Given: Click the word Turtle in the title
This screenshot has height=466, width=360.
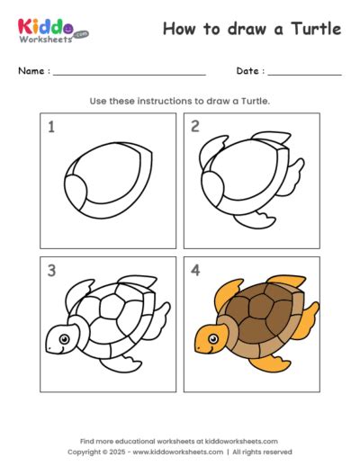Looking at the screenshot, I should click(318, 29).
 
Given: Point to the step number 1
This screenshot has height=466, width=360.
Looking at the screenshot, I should click(51, 127).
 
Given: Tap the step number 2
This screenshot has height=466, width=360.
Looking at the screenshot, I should click(194, 127).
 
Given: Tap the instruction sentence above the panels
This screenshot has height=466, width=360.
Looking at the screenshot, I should click(179, 101).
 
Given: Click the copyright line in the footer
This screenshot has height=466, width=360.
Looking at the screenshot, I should click(179, 452).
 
